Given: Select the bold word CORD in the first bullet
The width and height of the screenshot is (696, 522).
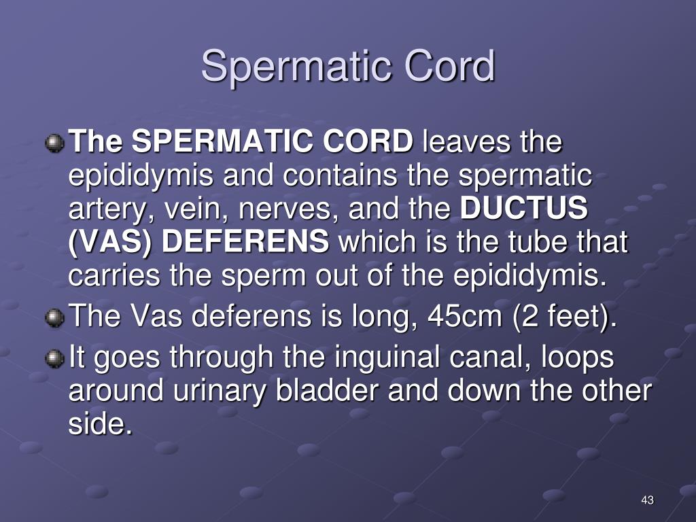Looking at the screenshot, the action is coord(368,141).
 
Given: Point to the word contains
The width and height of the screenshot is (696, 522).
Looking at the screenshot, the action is coord(340,175).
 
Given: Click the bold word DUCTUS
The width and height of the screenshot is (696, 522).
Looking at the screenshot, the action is coord(524,208).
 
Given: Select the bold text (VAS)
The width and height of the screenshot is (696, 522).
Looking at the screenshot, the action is coord(109,243).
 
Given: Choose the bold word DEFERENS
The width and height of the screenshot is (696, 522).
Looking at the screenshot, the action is coord(245,241).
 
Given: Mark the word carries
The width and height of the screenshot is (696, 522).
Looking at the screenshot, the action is coord(114,275).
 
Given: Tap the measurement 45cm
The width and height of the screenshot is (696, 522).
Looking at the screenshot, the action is coord(464,315).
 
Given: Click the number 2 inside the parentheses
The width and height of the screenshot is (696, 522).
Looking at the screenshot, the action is coord(529,315).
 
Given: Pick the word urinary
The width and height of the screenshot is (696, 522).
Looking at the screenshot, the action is coord(220,392).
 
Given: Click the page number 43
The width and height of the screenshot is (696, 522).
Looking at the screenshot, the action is coord(648,500).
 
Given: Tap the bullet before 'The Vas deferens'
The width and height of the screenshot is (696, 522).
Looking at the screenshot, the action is coord(54,318).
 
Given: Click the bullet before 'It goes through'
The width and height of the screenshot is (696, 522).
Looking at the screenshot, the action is coord(54,359).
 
